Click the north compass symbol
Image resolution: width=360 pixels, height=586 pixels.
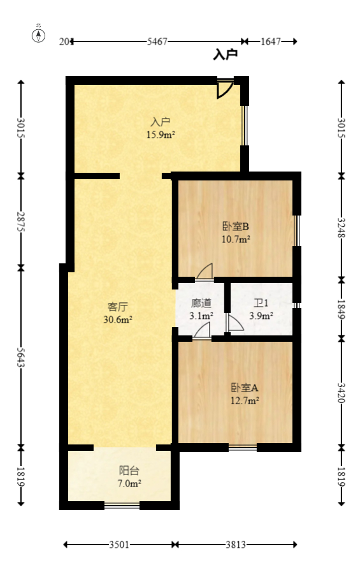tap(39, 34)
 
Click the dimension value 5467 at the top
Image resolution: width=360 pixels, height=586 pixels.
tap(157, 41)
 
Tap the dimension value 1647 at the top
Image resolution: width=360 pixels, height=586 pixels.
tap(271, 41)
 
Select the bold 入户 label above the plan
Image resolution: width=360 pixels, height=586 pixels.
tap(226, 55)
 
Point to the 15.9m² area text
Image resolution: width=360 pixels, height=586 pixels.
tap(161, 135)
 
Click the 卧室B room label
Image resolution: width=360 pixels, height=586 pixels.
tap(235, 226)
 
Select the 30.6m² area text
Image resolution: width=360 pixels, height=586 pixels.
tap(117, 319)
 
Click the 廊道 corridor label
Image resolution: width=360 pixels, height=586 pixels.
tap(201, 304)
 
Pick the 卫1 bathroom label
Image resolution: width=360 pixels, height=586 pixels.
tap(261, 304)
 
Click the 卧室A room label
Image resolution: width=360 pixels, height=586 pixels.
tap(244, 388)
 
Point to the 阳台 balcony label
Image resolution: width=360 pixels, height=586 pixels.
tap(129, 471)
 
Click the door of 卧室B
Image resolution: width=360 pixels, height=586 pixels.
tap(205, 272)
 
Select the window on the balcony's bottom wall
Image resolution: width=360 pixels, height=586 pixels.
tap(122, 506)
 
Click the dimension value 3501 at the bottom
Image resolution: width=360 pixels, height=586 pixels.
tap(119, 545)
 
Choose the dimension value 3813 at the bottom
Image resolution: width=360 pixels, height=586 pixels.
tap(236, 545)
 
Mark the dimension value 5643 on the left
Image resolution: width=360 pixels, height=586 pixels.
tap(21, 356)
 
